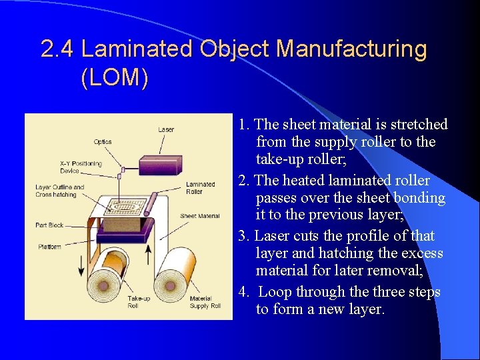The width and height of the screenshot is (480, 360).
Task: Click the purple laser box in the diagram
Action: (159, 165)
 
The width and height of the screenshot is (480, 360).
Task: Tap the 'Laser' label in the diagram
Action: (167, 129)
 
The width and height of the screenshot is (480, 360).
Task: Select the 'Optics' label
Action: (103, 141)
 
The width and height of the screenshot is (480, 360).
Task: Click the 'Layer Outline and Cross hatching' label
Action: (60, 191)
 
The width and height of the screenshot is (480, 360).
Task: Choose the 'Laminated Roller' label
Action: (200, 188)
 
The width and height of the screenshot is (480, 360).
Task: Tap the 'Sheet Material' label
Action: (199, 216)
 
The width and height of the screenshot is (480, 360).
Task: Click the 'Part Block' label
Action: (49, 225)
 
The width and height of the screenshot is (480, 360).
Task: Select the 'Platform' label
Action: (49, 247)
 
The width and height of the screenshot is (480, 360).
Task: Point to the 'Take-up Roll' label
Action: (139, 302)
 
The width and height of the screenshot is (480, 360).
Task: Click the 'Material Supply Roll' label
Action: (205, 302)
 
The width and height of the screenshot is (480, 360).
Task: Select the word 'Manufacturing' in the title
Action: (351, 49)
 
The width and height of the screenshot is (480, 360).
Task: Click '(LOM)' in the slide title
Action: (114, 78)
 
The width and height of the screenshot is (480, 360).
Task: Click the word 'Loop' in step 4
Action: (275, 292)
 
